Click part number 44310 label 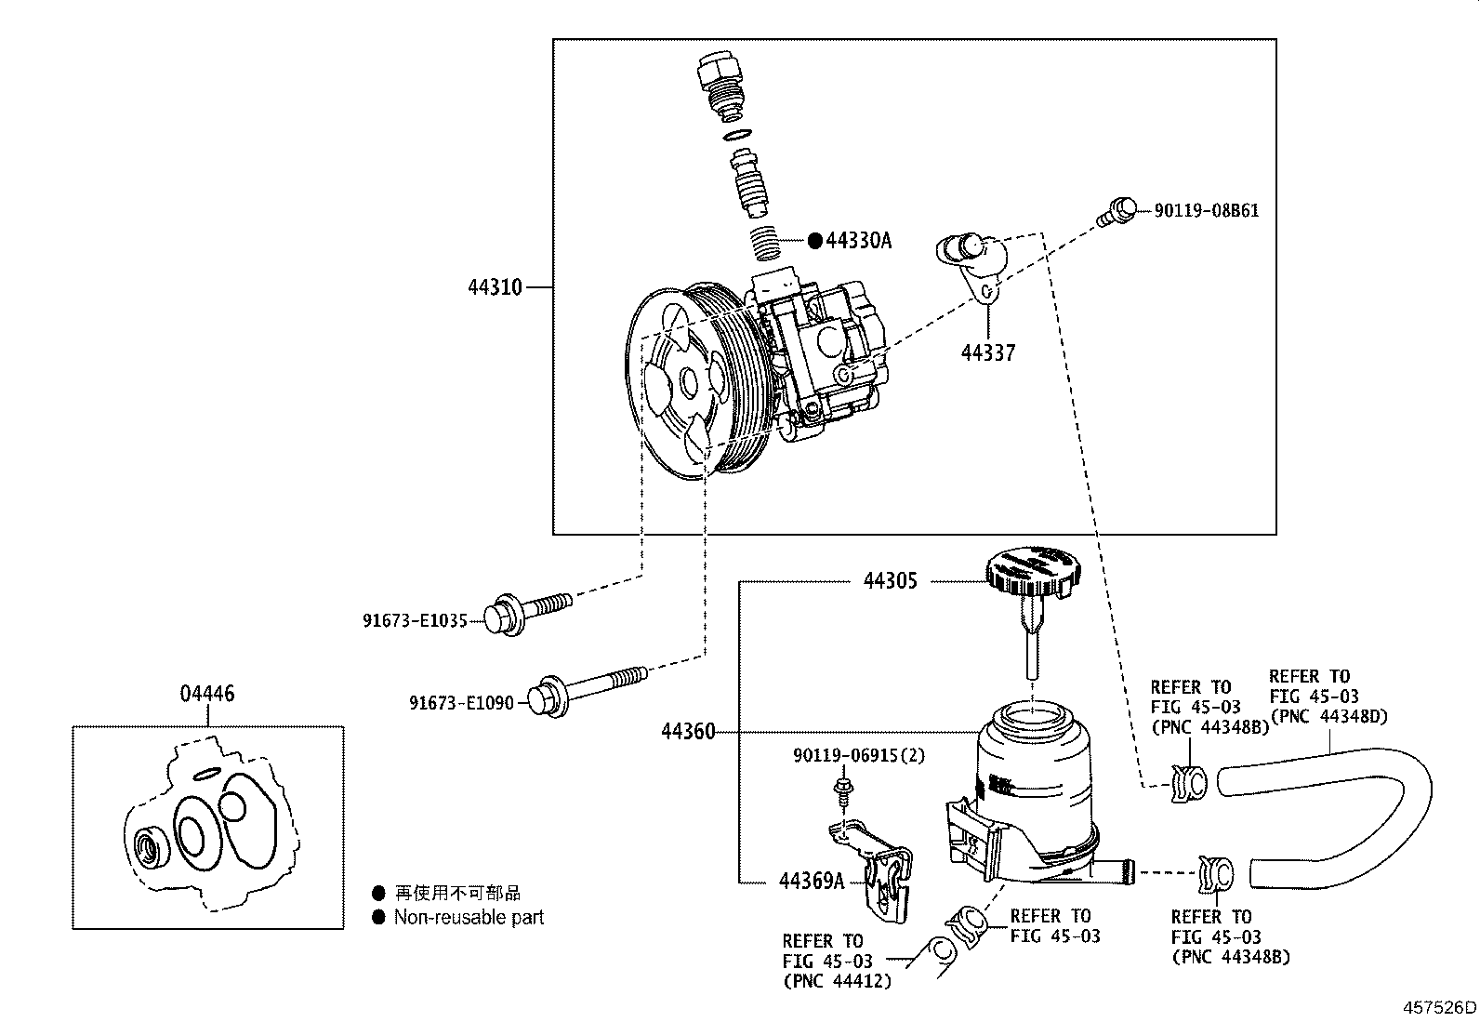coord(495,287)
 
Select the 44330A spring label coord(858,241)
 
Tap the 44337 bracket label coord(987,352)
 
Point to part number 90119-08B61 coord(1206,211)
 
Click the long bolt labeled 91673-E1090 coord(586,689)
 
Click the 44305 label coord(890,581)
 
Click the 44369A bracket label coord(811,881)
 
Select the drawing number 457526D coord(1439,1007)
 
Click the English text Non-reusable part coord(469,918)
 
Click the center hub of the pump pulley coord(689,381)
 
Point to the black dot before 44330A coord(814,241)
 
